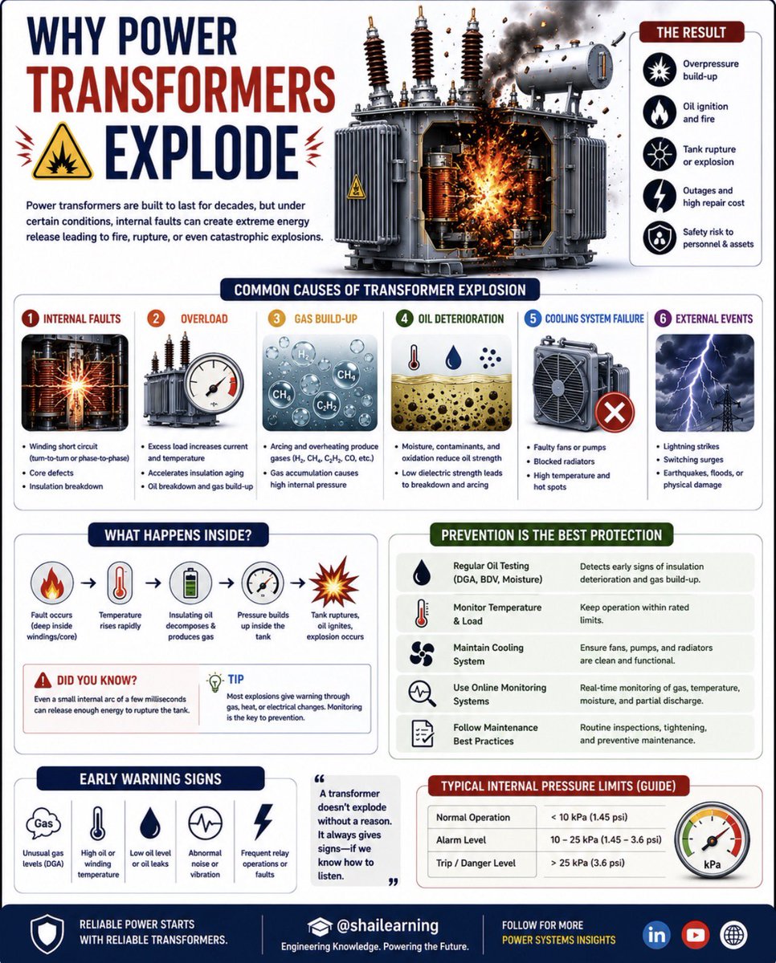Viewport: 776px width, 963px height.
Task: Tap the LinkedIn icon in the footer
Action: pyautogui.click(x=656, y=935)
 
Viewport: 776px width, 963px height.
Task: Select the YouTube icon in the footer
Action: pyautogui.click(x=696, y=935)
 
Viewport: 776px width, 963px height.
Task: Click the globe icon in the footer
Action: pyautogui.click(x=733, y=935)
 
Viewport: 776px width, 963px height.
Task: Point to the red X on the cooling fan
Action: pyautogui.click(x=615, y=412)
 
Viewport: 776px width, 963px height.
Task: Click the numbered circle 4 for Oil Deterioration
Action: pyautogui.click(x=405, y=319)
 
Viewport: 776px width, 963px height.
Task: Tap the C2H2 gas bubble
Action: pyautogui.click(x=328, y=406)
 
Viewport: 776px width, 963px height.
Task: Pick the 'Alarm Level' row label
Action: pyautogui.click(x=461, y=840)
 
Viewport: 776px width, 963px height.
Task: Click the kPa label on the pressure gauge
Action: pyautogui.click(x=712, y=876)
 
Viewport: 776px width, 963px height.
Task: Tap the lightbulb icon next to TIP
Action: pyautogui.click(x=215, y=682)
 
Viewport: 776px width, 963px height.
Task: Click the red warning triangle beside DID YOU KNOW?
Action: pyautogui.click(x=43, y=681)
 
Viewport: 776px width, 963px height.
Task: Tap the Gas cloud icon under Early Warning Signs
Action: pyautogui.click(x=43, y=824)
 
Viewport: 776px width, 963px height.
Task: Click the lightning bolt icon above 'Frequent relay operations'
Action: pyautogui.click(x=263, y=822)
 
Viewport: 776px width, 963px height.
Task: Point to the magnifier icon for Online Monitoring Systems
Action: pyautogui.click(x=422, y=693)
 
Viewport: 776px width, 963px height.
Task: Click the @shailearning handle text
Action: pyautogui.click(x=387, y=925)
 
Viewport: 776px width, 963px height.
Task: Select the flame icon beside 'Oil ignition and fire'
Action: pyautogui.click(x=659, y=112)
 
